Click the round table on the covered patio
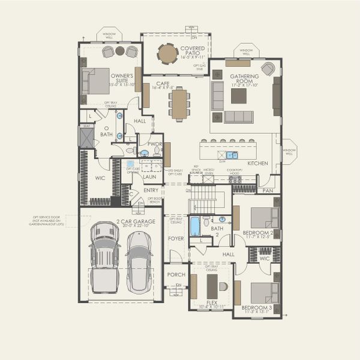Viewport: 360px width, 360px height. pyautogui.click(x=167, y=54)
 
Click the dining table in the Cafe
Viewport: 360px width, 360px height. pyautogui.click(x=179, y=104)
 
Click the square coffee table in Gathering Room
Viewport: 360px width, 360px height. pyautogui.click(x=239, y=96)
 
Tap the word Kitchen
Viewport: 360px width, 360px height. pyautogui.click(x=258, y=163)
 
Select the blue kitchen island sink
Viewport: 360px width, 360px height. pyautogui.click(x=232, y=155)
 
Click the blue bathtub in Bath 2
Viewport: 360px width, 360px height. pyautogui.click(x=195, y=226)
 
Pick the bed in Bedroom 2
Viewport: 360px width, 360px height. pyautogui.click(x=264, y=217)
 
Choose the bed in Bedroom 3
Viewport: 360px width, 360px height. pyautogui.click(x=265, y=292)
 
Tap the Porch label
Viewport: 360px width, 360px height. pyautogui.click(x=176, y=275)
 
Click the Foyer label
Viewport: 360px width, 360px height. pyautogui.click(x=176, y=238)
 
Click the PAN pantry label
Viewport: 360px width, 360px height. pyautogui.click(x=268, y=191)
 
